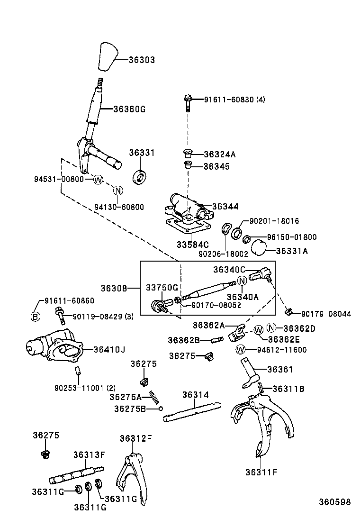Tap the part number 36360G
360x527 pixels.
coord(129,109)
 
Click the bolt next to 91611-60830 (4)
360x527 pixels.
coord(188,101)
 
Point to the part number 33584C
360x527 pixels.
coord(193,245)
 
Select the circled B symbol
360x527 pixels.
coord(36,317)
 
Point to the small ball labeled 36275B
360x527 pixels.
coord(161,409)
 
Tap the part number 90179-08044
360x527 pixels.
coord(326,314)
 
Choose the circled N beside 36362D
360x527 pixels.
coord(271,328)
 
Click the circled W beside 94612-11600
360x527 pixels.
coord(241,350)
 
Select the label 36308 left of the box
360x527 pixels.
coord(114,288)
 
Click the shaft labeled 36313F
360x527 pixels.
coord(76,474)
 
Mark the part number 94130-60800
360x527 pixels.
coord(119,207)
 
